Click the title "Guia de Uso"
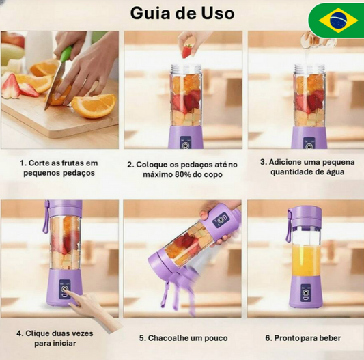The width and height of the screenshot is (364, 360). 182,13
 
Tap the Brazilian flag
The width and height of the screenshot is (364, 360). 338,20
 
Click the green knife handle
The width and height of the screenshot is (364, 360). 67,53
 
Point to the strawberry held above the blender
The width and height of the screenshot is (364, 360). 186,51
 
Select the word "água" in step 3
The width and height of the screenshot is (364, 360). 333,172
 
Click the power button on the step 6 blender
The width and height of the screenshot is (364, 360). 305,292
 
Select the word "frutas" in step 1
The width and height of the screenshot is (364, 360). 72,163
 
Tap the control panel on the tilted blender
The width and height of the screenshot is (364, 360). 221,220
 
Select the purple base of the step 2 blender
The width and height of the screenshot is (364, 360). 186,137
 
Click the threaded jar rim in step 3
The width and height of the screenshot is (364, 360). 309,68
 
